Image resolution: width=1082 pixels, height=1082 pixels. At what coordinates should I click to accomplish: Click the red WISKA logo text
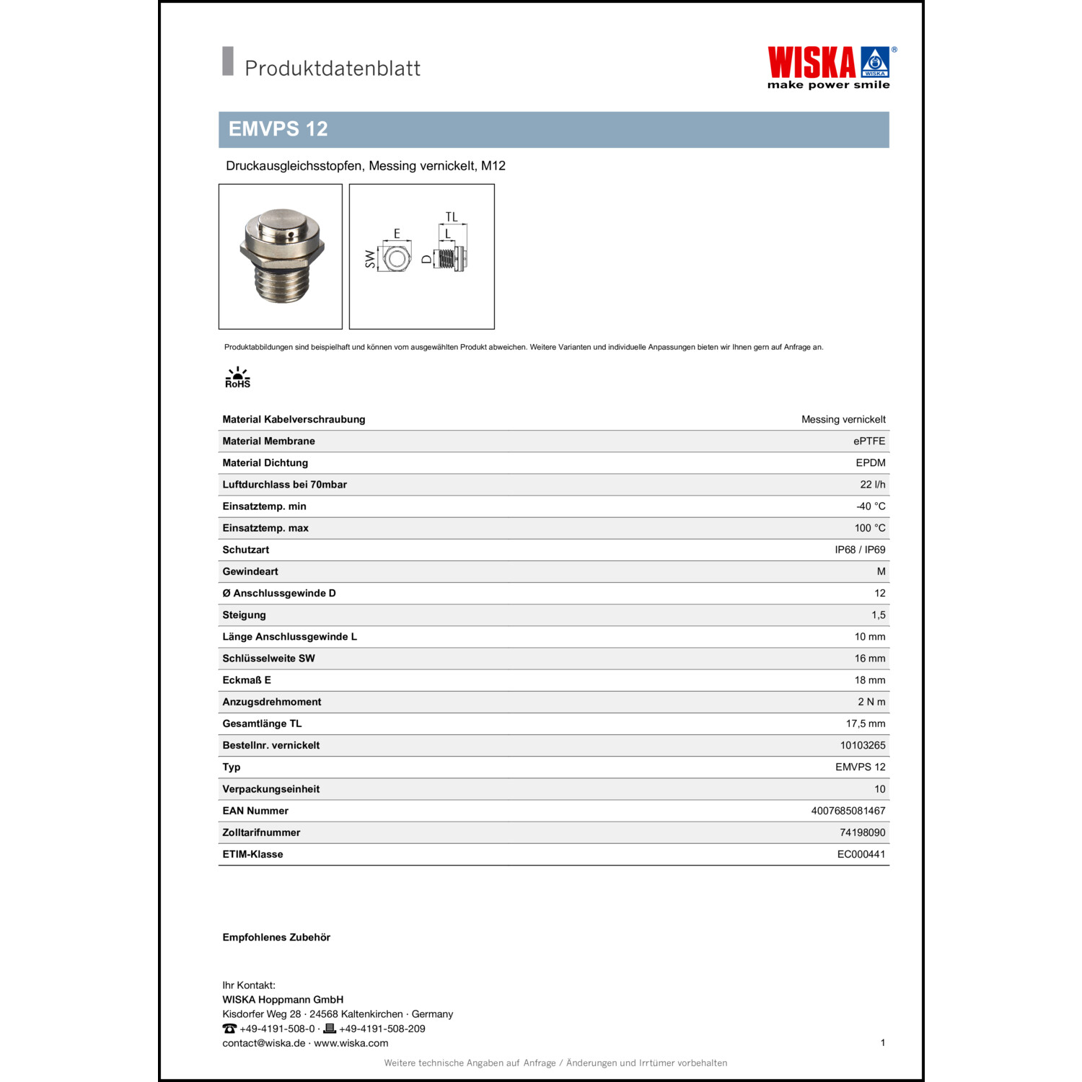pyautogui.click(x=811, y=63)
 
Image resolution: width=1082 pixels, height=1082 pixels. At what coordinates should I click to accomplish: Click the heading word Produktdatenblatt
pyautogui.click(x=332, y=69)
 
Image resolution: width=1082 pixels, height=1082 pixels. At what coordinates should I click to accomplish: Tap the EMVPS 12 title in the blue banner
pyautogui.click(x=278, y=129)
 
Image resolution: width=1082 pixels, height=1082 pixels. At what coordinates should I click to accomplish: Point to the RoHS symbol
pyautogui.click(x=237, y=378)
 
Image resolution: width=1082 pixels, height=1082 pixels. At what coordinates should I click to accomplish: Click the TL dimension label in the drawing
pyautogui.click(x=452, y=217)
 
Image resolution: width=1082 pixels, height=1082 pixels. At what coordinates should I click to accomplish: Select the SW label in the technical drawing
pyautogui.click(x=371, y=259)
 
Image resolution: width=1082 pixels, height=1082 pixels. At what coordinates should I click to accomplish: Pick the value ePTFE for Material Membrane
pyautogui.click(x=868, y=441)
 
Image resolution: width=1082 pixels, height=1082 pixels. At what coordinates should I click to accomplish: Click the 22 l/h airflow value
pyautogui.click(x=872, y=485)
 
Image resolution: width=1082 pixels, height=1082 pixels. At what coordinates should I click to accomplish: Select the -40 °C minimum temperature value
pyautogui.click(x=871, y=506)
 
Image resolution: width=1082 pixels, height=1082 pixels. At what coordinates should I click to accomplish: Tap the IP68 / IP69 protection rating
pyautogui.click(x=860, y=550)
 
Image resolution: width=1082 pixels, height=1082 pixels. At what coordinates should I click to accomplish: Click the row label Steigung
pyautogui.click(x=244, y=615)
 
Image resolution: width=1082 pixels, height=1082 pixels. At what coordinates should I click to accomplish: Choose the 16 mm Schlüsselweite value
pyautogui.click(x=869, y=659)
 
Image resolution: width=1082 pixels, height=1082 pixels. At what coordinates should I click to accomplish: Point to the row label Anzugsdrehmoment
pyautogui.click(x=271, y=702)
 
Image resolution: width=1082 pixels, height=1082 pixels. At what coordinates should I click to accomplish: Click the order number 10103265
pyautogui.click(x=862, y=745)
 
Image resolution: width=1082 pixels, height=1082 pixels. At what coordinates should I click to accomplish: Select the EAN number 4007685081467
pyautogui.click(x=848, y=811)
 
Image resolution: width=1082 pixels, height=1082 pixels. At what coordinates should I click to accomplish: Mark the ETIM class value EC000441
pyautogui.click(x=861, y=854)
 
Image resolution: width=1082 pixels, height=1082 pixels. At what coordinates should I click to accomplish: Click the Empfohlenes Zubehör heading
pyautogui.click(x=276, y=938)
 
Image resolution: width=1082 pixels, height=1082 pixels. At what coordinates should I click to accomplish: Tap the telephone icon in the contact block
pyautogui.click(x=229, y=1029)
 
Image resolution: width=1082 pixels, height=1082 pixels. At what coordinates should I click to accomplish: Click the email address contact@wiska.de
pyautogui.click(x=263, y=1043)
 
